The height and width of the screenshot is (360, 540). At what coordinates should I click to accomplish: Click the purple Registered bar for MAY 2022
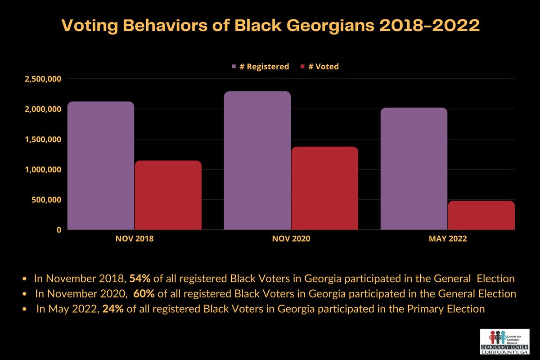pyautogui.click(x=414, y=169)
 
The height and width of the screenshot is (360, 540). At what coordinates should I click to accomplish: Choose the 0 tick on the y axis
pyautogui.click(x=58, y=230)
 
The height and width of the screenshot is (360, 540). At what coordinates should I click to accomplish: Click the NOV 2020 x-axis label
pyautogui.click(x=291, y=240)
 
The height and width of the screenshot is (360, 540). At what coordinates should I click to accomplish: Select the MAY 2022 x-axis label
pyautogui.click(x=448, y=240)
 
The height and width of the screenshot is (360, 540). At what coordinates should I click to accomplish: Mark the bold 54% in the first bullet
pyautogui.click(x=139, y=279)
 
